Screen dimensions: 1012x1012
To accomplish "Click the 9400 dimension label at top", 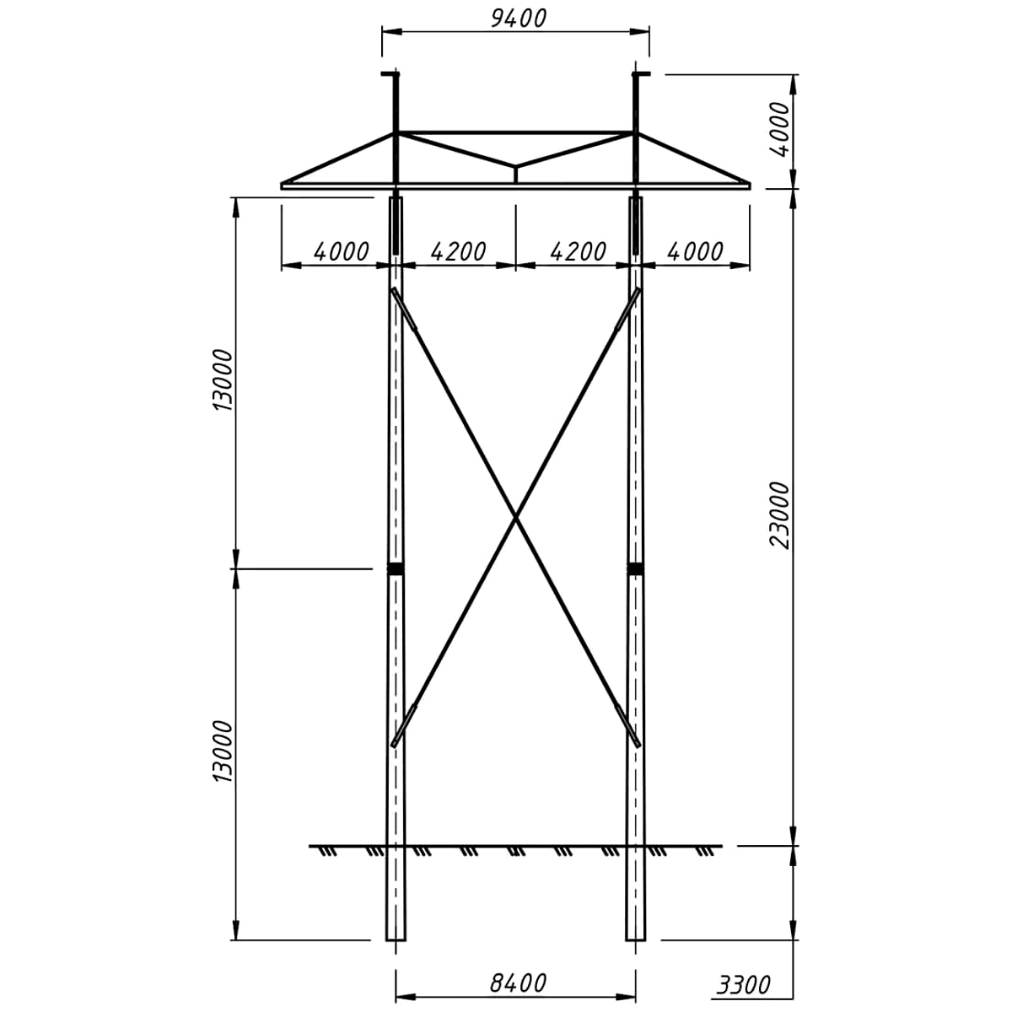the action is click(519, 18).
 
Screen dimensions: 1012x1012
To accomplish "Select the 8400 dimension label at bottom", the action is click(519, 983).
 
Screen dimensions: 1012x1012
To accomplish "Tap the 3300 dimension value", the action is click(744, 985).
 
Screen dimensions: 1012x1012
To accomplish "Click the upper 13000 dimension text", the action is click(223, 379).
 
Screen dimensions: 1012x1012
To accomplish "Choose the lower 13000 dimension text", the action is click(223, 751).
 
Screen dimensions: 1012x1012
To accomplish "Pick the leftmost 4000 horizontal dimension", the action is click(342, 252).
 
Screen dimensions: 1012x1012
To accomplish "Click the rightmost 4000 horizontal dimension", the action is click(695, 252).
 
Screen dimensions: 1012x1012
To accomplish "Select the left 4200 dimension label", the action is click(459, 252).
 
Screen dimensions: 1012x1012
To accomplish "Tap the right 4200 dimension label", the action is click(579, 252).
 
